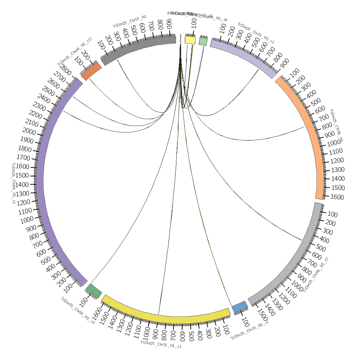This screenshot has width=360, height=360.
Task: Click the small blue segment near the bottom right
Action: coord(240,307)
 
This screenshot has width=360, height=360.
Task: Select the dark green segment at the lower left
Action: coord(94,290)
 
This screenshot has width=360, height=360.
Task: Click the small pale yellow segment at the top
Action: coord(190,40)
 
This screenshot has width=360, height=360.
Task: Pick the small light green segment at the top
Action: coord(203,41)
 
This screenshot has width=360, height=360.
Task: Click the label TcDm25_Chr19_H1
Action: coord(130,22)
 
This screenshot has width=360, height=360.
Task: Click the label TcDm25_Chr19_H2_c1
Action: coord(249,330)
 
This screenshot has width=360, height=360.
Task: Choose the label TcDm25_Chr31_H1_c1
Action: coord(161,345)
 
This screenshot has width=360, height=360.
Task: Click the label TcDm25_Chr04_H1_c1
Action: coord(14,183)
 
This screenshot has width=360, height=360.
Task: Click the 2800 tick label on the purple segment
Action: coord(66,70)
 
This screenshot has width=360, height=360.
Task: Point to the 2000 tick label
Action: coord(29,132)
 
